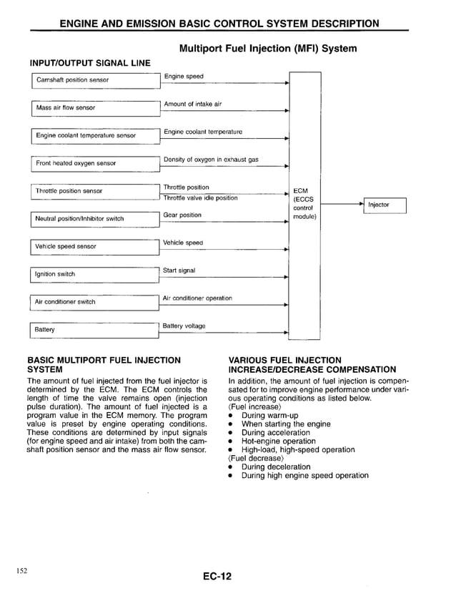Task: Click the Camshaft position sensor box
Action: [x=94, y=80]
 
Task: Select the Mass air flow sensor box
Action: [x=94, y=108]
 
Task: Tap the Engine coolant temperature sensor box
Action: [x=94, y=135]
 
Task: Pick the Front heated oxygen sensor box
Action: [x=94, y=163]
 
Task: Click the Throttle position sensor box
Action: [x=94, y=191]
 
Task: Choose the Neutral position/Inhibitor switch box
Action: [x=94, y=218]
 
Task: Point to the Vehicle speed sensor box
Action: [x=94, y=246]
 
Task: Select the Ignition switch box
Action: [x=94, y=274]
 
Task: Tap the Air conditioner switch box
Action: [x=94, y=302]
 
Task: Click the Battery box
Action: [x=94, y=329]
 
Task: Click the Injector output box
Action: [x=385, y=205]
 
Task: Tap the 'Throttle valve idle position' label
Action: [x=200, y=198]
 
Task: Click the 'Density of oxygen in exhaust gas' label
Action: [x=211, y=160]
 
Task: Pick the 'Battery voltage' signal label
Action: [x=184, y=326]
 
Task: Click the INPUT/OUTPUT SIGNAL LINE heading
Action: [x=88, y=63]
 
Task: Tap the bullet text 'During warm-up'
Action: [x=269, y=415]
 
